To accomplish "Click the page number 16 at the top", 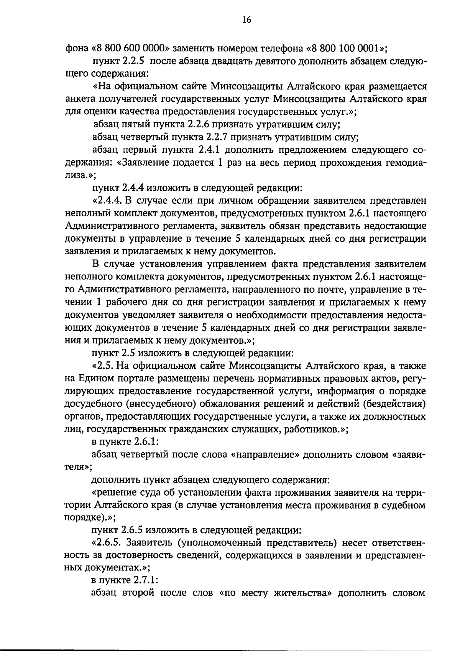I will [x=246, y=20].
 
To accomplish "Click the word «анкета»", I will [x=80, y=99].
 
